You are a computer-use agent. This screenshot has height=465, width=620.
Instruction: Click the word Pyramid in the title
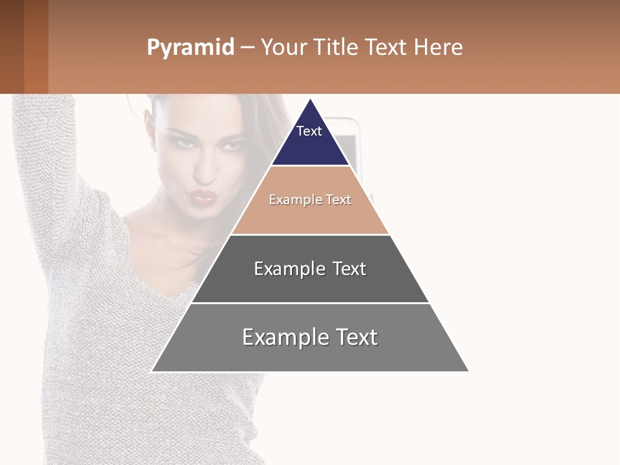tap(190, 48)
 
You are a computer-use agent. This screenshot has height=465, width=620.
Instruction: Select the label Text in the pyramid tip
tap(309, 131)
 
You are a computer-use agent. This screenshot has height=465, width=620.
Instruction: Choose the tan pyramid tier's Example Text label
tap(310, 200)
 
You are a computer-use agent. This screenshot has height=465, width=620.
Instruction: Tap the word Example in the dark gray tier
tap(287, 269)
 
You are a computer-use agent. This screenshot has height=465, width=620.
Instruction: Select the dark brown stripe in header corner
tap(12, 46)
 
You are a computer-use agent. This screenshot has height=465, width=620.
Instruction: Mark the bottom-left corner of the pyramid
tap(152, 371)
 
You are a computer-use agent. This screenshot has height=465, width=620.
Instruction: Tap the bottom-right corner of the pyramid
tap(468, 371)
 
